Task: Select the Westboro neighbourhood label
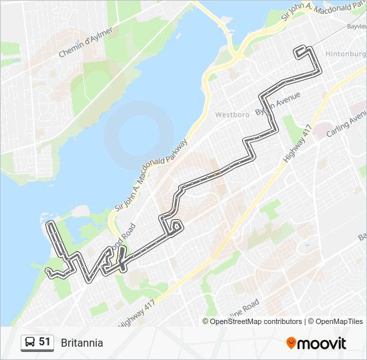(x=232, y=115)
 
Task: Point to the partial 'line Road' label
(x=246, y=307)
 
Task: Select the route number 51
(x=45, y=342)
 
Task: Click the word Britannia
(x=82, y=343)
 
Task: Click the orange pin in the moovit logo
(x=291, y=343)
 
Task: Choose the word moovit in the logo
(x=322, y=343)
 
